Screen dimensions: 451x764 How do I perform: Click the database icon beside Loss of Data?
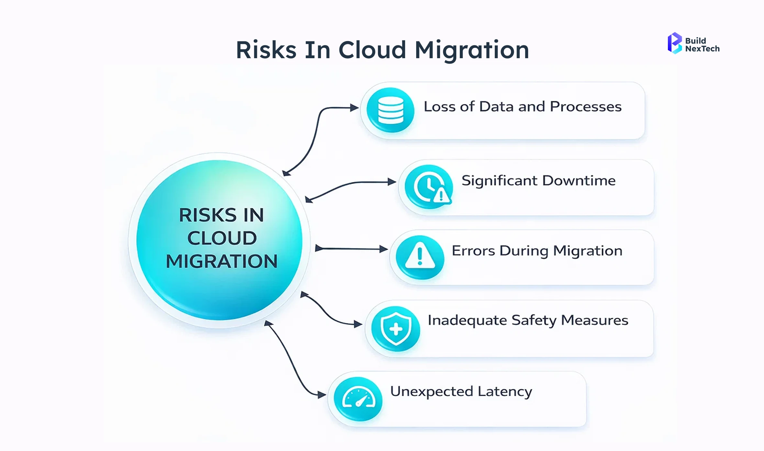coord(391,110)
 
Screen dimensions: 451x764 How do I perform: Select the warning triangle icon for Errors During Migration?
coord(420,257)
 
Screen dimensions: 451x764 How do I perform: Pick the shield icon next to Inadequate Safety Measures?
coord(395,328)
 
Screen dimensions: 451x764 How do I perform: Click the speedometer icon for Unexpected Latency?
coord(358,399)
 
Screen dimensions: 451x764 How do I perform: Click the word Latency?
coord(505,392)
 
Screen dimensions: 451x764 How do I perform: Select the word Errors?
coord(473,251)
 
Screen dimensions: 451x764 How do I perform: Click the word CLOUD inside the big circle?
coord(222,238)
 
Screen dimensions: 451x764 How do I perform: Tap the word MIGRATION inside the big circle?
coord(222,261)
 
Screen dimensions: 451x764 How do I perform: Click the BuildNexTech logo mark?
coord(675,43)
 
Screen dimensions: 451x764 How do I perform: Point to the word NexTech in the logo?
coord(702,49)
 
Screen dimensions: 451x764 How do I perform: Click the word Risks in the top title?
coord(266,50)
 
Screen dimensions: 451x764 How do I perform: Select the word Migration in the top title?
coord(472,51)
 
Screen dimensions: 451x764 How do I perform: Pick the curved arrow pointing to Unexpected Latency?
coord(294,362)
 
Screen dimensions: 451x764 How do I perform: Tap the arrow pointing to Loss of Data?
coord(319,129)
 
